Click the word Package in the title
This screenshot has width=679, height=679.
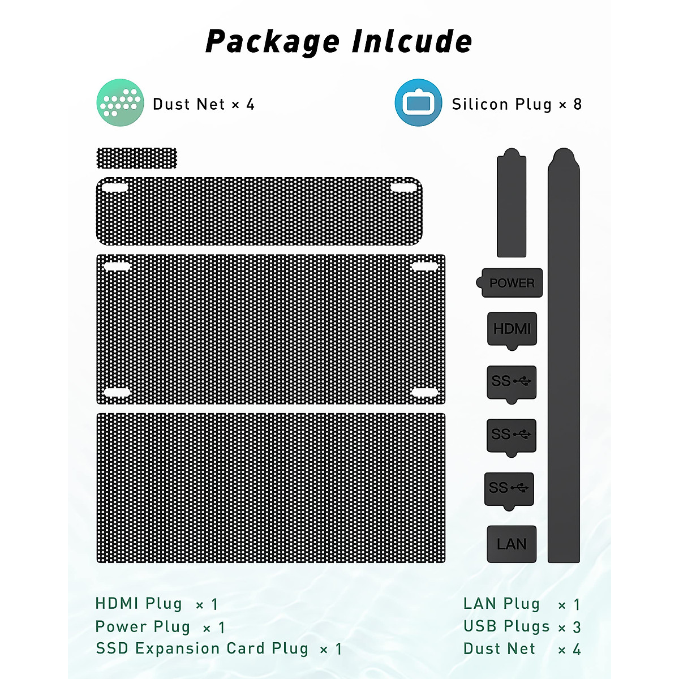click(272, 42)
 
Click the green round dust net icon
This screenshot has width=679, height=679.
click(120, 102)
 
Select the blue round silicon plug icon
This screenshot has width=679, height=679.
click(418, 102)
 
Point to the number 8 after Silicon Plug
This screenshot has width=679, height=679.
click(577, 104)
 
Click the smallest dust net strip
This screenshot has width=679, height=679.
click(137, 158)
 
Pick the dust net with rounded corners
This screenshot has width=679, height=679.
click(259, 211)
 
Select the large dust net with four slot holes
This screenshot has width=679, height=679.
click(270, 329)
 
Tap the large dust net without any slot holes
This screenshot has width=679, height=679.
click(270, 488)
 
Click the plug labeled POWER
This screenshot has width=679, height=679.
click(511, 283)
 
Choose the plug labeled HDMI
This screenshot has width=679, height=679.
click(512, 329)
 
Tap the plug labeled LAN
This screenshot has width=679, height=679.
click(512, 544)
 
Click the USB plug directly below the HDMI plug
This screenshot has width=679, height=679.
click(512, 382)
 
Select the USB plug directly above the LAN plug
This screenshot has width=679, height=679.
click(509, 488)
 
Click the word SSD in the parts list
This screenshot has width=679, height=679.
click(112, 648)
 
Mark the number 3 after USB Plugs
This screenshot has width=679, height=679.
click(577, 627)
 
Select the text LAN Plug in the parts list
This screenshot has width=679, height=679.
click(501, 604)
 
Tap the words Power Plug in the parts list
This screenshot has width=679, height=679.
click(143, 627)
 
